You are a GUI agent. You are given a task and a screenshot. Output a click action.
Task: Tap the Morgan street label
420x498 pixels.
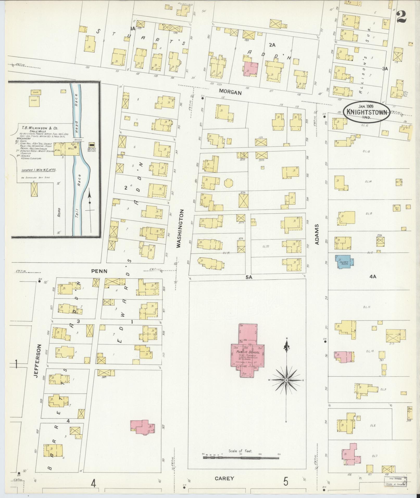point(230,92)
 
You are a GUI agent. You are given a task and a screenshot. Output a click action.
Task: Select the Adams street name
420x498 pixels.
point(317,234)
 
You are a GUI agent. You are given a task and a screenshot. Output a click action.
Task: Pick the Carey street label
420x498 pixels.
point(224,478)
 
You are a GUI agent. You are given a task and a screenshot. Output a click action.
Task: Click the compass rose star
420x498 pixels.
point(286,380)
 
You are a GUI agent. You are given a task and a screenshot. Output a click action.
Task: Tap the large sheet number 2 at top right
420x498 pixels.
point(402,17)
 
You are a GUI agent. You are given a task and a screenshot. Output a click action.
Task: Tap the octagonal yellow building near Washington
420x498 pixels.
point(228,183)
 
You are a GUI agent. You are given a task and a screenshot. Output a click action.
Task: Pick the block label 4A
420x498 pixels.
point(373,277)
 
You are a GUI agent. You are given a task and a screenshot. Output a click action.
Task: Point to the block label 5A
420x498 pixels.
point(249,278)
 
